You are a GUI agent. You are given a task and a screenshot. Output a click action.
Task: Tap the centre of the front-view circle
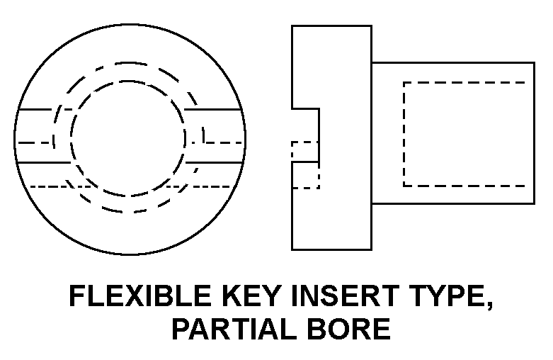pyautogui.click(x=127, y=138)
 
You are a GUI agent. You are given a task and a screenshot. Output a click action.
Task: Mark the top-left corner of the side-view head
pyautogui.click(x=292, y=26)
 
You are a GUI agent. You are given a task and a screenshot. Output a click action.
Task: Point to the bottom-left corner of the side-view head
pyautogui.click(x=292, y=249)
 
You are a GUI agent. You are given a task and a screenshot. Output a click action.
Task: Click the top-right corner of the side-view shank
pyautogui.click(x=534, y=62)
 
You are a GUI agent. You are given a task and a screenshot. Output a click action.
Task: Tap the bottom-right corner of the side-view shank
pyautogui.click(x=534, y=203)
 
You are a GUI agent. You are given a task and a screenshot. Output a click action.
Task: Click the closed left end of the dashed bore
pyautogui.click(x=404, y=134)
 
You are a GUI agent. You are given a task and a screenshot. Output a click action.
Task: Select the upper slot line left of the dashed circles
pyautogui.click(x=35, y=110)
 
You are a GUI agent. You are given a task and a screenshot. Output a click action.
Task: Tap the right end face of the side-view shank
pyautogui.click(x=534, y=134)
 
